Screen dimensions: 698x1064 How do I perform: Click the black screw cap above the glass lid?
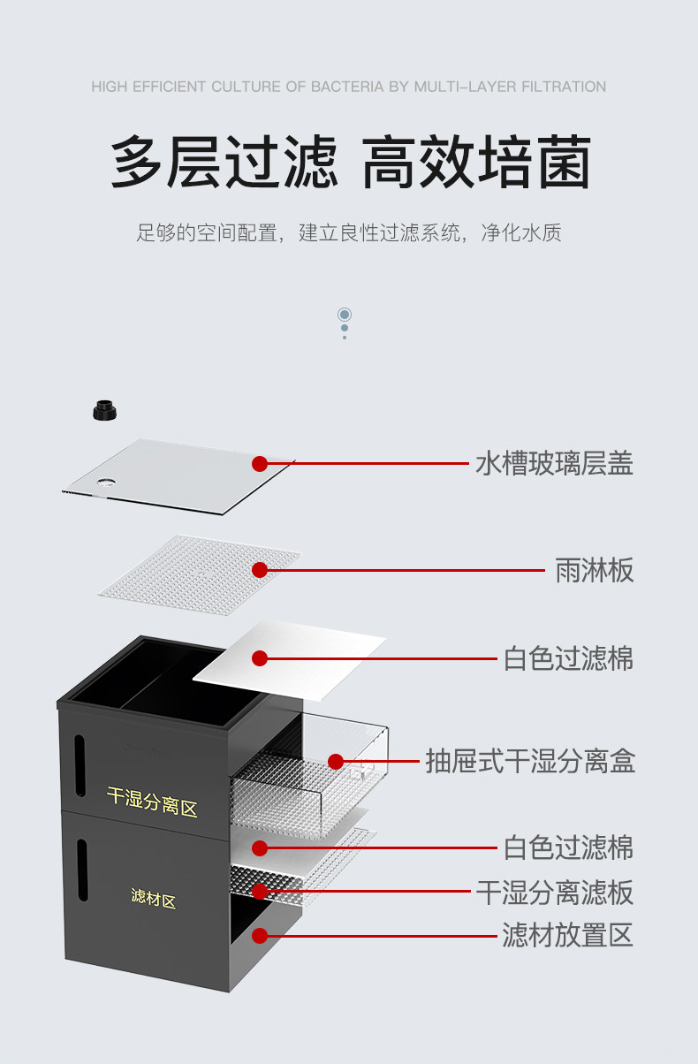pos(104,411)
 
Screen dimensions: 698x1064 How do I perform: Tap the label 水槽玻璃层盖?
pos(554,463)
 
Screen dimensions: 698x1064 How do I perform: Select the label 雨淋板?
pos(594,570)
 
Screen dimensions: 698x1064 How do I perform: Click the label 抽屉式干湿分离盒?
pos(530,761)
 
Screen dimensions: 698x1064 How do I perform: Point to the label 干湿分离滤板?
pos(554,893)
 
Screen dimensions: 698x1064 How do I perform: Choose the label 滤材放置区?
pos(567,935)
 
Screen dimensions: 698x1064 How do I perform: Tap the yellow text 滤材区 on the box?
pos(153,900)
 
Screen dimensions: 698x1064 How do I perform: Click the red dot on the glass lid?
pos(260,463)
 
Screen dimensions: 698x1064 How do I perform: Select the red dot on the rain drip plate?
pos(260,570)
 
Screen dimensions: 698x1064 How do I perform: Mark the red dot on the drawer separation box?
pos(336,761)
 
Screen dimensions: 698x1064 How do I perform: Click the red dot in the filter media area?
pos(260,935)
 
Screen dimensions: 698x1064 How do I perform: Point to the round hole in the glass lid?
pos(106,483)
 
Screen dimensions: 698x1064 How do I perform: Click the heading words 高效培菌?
pos(476,163)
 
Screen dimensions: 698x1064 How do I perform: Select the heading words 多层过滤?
pos(224,163)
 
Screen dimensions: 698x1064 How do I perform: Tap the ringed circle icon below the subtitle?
pos(345,315)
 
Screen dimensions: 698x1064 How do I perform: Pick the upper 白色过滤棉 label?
pos(568,658)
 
